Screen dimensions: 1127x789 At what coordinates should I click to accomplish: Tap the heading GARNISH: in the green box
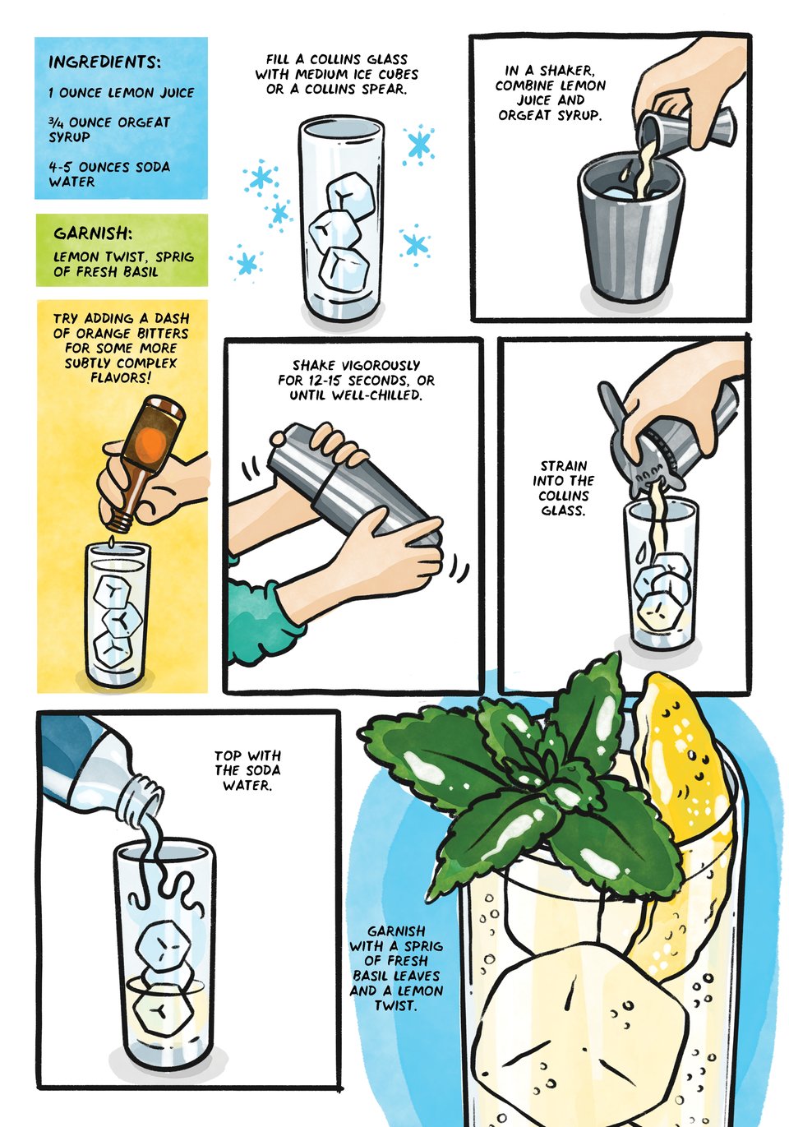coord(93,233)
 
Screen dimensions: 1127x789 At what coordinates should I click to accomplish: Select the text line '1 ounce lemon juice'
coord(122,93)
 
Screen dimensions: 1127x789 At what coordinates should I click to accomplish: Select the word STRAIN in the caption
coord(564,466)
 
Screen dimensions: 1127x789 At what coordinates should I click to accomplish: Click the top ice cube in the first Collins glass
coord(351,194)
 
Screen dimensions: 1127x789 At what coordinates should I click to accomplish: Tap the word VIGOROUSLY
coord(381,366)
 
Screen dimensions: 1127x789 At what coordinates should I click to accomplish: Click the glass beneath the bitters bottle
coord(118,617)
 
